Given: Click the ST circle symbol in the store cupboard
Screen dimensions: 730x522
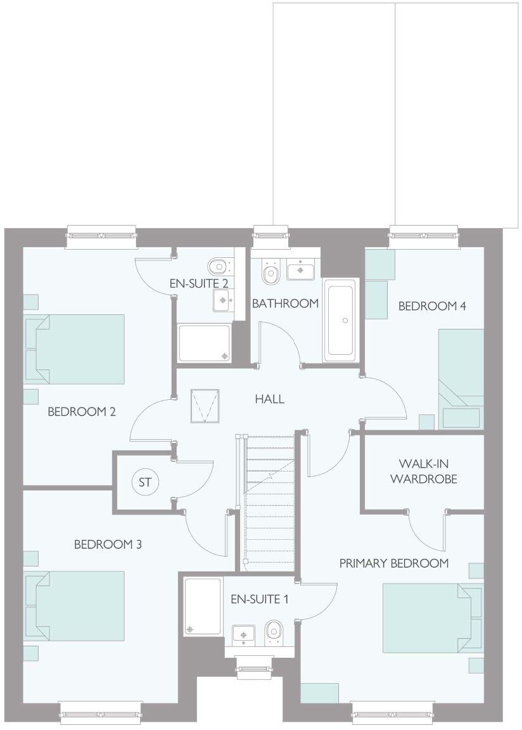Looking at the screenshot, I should click(x=145, y=482).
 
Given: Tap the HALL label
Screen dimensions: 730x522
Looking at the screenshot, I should click(x=269, y=399).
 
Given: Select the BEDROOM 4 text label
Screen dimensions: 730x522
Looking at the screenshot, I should click(x=432, y=306).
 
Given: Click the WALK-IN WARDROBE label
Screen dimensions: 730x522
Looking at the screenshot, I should click(x=423, y=471).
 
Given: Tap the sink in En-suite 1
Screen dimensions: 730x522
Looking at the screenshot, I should click(x=244, y=633).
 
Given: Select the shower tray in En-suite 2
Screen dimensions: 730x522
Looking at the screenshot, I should click(x=203, y=343).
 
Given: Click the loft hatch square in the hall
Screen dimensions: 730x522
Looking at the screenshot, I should click(x=206, y=406).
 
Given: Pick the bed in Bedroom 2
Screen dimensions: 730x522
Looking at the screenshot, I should click(x=77, y=349).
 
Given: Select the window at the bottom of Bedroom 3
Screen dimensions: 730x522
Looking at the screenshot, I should click(x=101, y=712).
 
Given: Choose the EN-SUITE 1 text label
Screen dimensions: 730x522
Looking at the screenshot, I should click(x=259, y=598).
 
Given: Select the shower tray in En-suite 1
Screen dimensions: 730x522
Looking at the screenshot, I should click(x=203, y=606).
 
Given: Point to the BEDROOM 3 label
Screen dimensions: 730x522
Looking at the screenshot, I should click(x=108, y=544).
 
